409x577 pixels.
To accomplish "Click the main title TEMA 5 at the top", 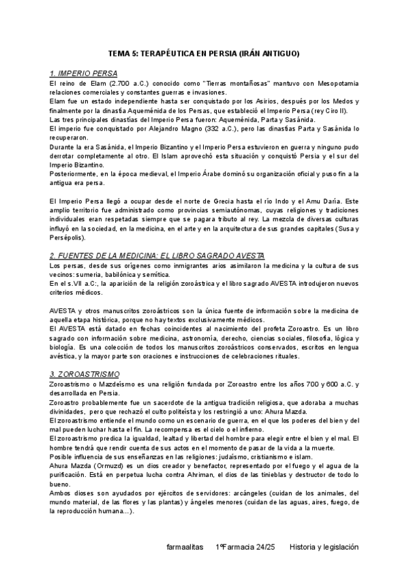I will [x=204, y=53].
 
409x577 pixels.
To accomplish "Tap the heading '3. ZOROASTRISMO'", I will [x=85, y=374].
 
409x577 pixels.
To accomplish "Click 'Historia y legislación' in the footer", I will [x=323, y=546].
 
